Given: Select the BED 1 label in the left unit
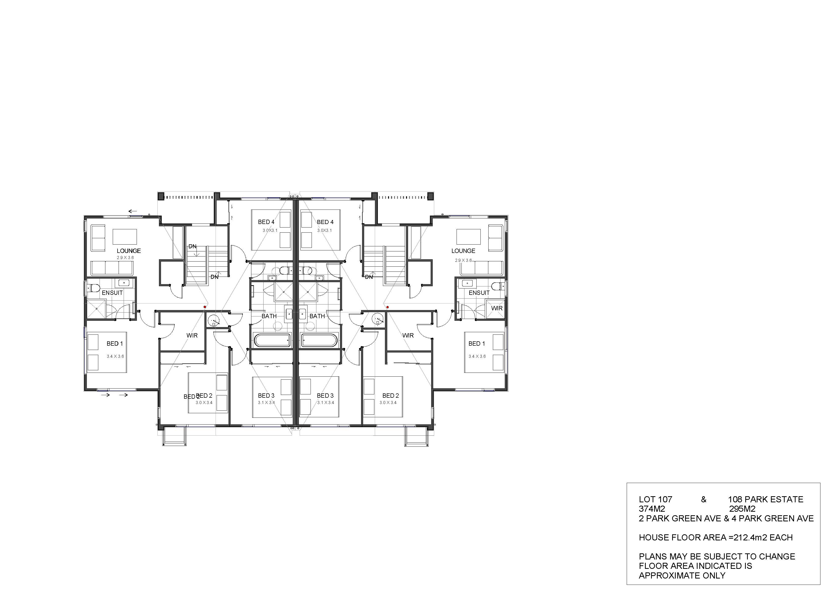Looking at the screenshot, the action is [x=115, y=344].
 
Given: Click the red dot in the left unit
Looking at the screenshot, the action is [x=205, y=307].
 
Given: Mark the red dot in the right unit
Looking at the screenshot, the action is [x=387, y=307].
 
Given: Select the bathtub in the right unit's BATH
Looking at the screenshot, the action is [x=319, y=340].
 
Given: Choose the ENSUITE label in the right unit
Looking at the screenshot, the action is [x=479, y=293].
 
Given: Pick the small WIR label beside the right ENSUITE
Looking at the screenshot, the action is [x=497, y=308].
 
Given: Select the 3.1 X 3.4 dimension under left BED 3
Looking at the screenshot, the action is [x=266, y=403].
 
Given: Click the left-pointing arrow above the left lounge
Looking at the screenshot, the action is [x=133, y=211].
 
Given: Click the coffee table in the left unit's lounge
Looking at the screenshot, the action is [x=125, y=237].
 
